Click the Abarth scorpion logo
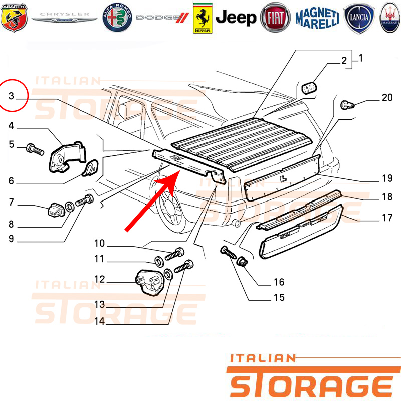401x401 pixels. coord(14,18)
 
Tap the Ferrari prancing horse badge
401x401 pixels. coord(203,18)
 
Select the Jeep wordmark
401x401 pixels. coord(236,18)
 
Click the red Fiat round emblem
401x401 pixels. coord(275,18)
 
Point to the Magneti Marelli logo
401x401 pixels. coord(317,18)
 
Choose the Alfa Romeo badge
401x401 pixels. coord(117,18)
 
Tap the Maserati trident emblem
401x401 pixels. coord(390,18)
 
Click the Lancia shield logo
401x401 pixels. coord(359,18)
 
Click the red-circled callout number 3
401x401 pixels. coord(11,96)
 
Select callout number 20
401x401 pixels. coord(387,97)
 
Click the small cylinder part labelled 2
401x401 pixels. coord(309,88)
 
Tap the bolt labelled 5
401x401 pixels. coord(35,149)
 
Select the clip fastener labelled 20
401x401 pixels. coord(347,105)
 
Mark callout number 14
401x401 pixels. coord(99,321)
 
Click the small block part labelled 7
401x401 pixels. coord(56,210)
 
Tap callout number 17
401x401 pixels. coord(387,218)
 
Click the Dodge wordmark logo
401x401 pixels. coord(162,18)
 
